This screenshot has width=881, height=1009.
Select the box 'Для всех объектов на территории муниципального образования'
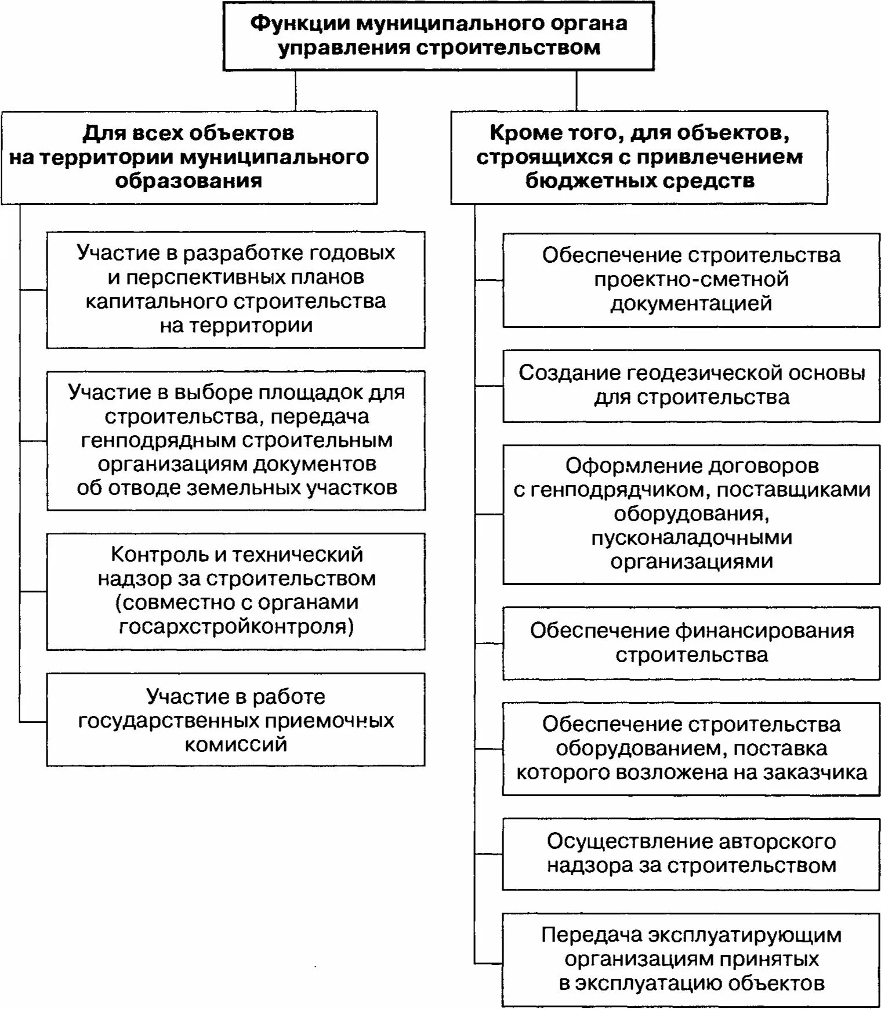189,157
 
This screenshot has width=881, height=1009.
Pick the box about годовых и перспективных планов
235,290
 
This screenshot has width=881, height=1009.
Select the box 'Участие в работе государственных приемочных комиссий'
235,719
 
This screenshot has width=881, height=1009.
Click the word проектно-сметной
691,280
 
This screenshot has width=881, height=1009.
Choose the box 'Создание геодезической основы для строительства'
691,385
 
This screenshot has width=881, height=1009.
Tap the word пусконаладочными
691,538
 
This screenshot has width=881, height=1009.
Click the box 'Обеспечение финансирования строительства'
691,643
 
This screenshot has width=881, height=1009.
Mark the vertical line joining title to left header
296,91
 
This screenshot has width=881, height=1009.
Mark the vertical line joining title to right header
577,91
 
